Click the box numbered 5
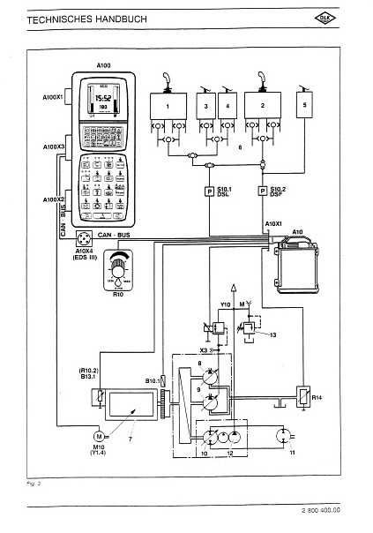point(305,105)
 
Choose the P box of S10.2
point(262,191)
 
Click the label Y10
point(224,304)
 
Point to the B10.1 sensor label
point(150,380)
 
